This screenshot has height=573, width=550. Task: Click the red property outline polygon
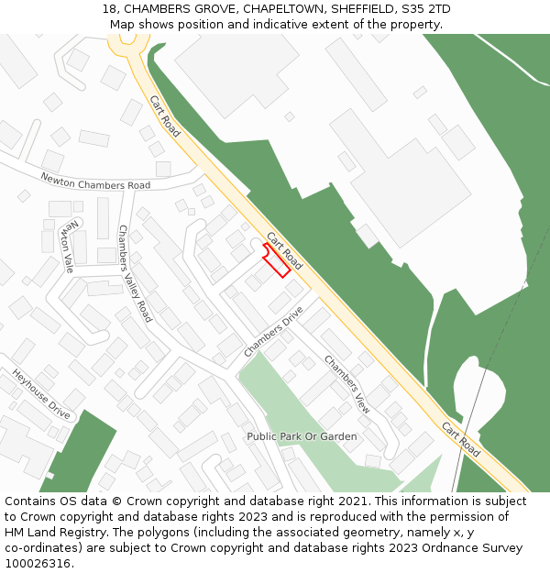(x=277, y=260)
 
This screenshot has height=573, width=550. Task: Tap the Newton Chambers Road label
(x=95, y=180)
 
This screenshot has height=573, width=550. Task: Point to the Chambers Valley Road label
(x=135, y=273)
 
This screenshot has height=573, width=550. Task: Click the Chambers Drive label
(x=273, y=332)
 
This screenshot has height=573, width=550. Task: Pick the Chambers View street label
(x=347, y=384)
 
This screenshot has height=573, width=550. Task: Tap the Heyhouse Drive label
(x=41, y=393)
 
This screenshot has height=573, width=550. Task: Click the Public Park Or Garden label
(x=302, y=436)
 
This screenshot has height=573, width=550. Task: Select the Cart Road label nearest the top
(x=165, y=116)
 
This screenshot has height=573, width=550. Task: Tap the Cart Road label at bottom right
(x=460, y=440)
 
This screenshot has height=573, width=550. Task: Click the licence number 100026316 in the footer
(x=38, y=563)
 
